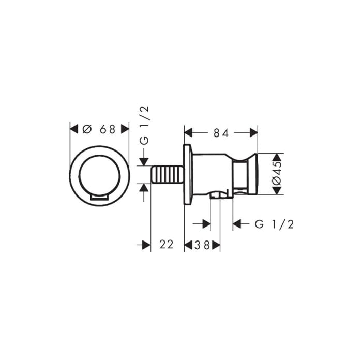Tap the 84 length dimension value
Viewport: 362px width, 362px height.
point(221,133)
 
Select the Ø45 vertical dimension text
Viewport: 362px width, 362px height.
point(277,174)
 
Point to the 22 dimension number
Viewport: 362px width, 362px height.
point(166,245)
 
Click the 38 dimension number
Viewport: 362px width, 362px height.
point(202,245)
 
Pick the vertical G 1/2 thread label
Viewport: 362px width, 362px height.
point(145,124)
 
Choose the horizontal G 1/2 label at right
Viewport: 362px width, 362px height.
point(275,224)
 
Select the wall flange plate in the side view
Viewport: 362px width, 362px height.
point(188,174)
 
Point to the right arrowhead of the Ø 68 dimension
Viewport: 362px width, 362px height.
point(125,129)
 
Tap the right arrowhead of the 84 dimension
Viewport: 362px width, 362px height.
point(253,133)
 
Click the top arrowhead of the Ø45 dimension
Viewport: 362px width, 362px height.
point(277,157)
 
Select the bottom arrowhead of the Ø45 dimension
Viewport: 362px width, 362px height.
point(277,190)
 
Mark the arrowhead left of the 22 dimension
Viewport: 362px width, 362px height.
point(146,245)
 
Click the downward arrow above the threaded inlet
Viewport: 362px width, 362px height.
point(145,161)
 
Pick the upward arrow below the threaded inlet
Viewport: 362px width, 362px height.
point(145,187)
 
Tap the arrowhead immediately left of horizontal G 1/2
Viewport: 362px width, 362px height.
point(237,224)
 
